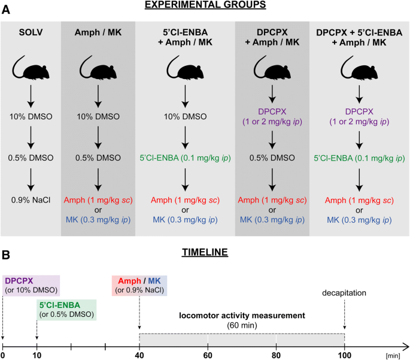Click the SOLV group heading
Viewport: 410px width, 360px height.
[x=31, y=32]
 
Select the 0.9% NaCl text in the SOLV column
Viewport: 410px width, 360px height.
[x=31, y=200]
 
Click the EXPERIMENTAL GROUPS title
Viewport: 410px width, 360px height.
[x=205, y=5]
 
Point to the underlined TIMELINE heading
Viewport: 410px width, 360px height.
[x=205, y=252]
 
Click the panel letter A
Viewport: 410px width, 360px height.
[x=6, y=10]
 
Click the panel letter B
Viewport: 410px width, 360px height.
[x=6, y=255]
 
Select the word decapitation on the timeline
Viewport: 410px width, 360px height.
[x=344, y=293]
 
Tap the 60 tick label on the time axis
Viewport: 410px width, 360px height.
[x=208, y=355]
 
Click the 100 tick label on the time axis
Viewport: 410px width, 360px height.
[x=345, y=355]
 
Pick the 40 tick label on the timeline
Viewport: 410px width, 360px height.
[x=139, y=355]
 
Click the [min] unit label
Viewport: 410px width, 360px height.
[x=393, y=356]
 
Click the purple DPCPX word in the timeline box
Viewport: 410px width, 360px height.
[x=19, y=281]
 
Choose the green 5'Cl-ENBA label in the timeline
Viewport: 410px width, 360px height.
[x=60, y=305]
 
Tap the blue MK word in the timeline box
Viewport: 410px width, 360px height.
[x=154, y=281]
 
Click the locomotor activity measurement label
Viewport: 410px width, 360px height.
[x=242, y=316]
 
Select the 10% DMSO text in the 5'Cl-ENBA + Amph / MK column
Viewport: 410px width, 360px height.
[x=185, y=116]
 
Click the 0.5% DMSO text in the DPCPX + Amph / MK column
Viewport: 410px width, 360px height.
[x=272, y=158]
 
